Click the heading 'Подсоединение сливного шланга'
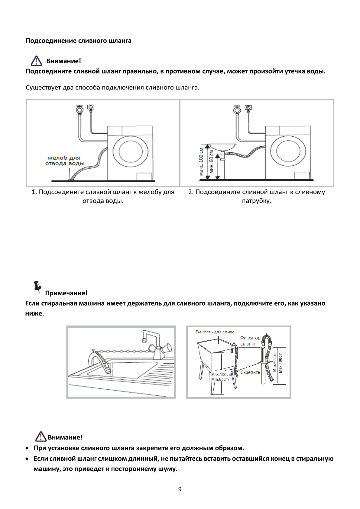pos(78,41)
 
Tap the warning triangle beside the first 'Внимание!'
pos(36,61)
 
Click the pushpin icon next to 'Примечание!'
pos(37,287)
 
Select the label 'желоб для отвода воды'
pos(65,160)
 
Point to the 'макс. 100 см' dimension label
pos(201,162)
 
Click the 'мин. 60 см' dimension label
pos(211,162)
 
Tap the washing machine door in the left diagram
pos(131,151)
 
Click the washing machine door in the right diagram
pos(288,151)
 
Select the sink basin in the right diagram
pos(222,147)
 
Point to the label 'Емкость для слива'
pos(215,332)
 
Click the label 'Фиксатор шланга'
pos(250,341)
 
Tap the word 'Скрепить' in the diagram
pos(250,372)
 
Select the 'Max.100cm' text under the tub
pos(221,374)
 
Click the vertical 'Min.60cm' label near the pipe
pos(274,363)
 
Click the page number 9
pos(180,489)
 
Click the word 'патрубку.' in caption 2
pos(257,201)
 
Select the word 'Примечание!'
pos(66,293)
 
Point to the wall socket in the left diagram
pos(91,107)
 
